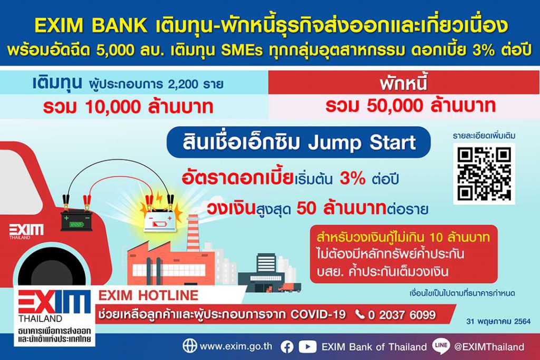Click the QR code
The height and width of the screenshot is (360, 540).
(484, 173)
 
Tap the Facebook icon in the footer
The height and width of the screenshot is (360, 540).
(287, 347)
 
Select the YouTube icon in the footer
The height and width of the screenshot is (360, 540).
(307, 347)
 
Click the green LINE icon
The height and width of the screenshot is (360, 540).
(441, 346)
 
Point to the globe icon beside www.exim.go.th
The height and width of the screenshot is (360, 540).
(190, 346)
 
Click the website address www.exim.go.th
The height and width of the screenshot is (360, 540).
(236, 346)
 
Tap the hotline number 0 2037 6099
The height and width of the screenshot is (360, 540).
(401, 315)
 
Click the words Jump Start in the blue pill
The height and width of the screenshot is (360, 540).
(362, 142)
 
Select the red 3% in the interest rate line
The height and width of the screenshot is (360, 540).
(352, 179)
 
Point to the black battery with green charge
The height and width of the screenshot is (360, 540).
(77, 220)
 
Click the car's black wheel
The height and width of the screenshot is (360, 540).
(52, 267)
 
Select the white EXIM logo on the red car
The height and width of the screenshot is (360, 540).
(26, 230)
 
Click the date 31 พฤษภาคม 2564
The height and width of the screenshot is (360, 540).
(498, 322)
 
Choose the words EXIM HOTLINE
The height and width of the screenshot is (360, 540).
(148, 295)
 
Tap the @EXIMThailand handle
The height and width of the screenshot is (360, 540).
(489, 347)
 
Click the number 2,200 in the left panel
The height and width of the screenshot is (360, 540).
(183, 84)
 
